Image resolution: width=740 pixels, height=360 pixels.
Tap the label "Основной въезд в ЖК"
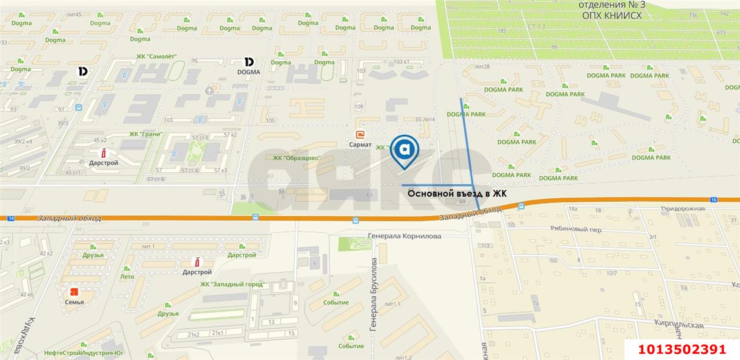[457, 194]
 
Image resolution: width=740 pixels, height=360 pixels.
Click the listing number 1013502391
[681, 350]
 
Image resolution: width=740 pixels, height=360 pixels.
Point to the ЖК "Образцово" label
[297, 158]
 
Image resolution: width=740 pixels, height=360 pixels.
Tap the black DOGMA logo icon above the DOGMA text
[249, 61]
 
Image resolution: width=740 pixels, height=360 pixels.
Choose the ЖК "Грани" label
[146, 134]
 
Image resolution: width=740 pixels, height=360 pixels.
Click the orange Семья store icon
[74, 292]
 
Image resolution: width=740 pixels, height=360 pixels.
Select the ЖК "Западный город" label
[232, 284]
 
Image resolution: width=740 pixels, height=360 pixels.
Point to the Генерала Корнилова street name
[405, 236]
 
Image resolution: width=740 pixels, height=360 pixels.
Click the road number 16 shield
[714, 199]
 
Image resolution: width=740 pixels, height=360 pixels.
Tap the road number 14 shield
[10, 218]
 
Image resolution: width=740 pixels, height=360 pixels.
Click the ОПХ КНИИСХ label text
[612, 16]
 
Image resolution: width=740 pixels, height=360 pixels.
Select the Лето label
[127, 277]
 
